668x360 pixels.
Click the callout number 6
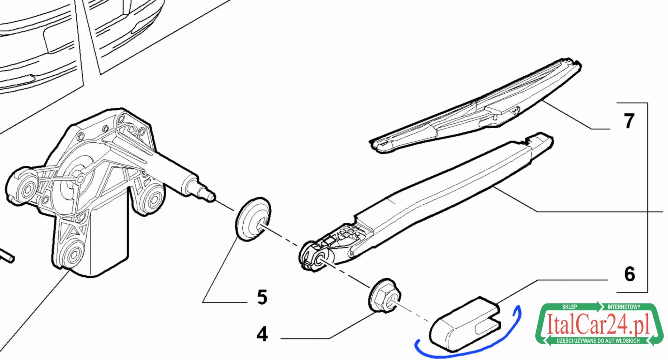630,274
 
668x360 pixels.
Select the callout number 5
262,297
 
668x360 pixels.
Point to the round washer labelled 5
253,219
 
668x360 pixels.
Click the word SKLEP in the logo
569,307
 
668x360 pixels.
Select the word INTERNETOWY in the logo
624,307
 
